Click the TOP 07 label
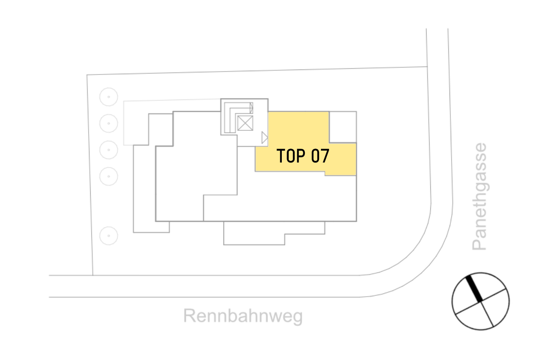pyautogui.click(x=303, y=156)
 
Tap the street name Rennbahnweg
pyautogui.click(x=243, y=316)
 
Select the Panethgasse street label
pyautogui.click(x=480, y=196)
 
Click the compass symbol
pyautogui.click(x=480, y=301)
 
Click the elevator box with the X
pyautogui.click(x=245, y=123)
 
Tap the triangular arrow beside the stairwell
pyautogui.click(x=264, y=138)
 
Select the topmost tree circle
pyautogui.click(x=109, y=97)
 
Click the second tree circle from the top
pyautogui.click(x=109, y=123)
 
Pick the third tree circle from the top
pyautogui.click(x=109, y=150)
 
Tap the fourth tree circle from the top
pyautogui.click(x=109, y=176)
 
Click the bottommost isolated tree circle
pyautogui.click(x=109, y=236)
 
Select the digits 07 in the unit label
pyautogui.click(x=320, y=156)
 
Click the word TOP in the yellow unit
pyautogui.click(x=291, y=156)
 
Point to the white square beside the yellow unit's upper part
pyautogui.click(x=343, y=127)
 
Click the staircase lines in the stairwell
pyautogui.click(x=230, y=117)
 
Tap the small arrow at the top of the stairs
pyautogui.click(x=251, y=108)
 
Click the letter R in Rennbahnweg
pyautogui.click(x=190, y=316)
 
